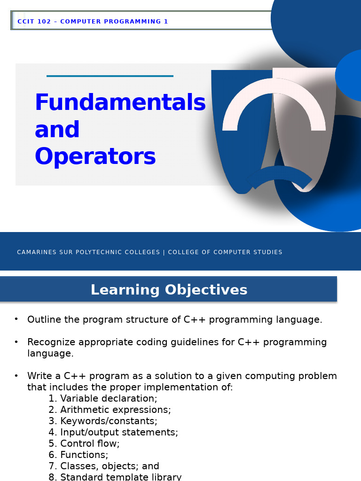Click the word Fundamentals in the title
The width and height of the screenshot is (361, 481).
point(120,103)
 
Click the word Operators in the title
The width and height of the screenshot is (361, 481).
point(95,157)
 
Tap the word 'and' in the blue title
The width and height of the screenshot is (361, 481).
point(57,130)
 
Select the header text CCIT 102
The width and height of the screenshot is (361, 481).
point(34,22)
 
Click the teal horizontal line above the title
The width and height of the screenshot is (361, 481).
point(110,76)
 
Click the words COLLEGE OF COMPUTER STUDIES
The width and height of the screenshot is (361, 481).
point(225,252)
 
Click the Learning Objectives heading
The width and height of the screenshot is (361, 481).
point(169,290)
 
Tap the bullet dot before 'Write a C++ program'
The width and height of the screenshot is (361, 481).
point(16,375)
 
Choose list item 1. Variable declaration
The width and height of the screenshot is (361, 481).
point(103,399)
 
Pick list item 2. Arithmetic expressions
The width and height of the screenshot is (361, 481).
point(110,410)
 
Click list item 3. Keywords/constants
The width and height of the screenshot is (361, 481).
point(103,421)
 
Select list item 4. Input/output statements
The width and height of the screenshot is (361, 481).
point(113,433)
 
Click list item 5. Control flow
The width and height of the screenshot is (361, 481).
point(84,444)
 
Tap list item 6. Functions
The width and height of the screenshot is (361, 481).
point(78,455)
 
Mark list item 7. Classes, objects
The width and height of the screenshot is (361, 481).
point(104,466)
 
